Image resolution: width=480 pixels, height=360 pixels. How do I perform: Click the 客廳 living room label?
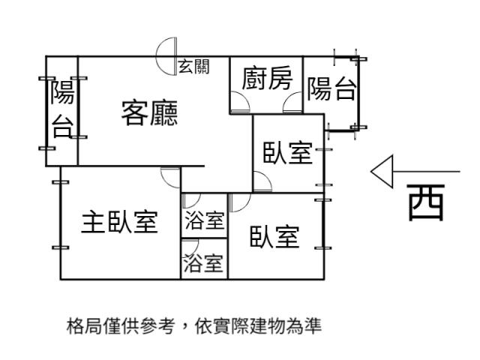click(x=149, y=113)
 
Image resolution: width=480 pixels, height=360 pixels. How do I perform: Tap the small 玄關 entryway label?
click(x=193, y=66)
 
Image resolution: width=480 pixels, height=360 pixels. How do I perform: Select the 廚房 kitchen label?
click(x=266, y=78)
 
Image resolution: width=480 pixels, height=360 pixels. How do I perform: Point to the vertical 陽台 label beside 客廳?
click(x=63, y=109)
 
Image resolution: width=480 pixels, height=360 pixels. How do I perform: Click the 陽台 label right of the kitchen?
click(x=331, y=88)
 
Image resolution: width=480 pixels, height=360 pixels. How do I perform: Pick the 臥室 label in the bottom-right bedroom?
click(x=274, y=236)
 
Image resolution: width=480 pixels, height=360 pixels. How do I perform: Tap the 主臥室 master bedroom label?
click(x=119, y=222)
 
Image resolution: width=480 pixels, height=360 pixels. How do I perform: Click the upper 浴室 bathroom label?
click(x=203, y=220)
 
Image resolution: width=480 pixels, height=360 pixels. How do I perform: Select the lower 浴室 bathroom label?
click(x=203, y=263)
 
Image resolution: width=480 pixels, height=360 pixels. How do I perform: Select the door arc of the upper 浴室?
click(x=190, y=202)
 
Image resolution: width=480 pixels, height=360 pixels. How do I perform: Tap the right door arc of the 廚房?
click(x=293, y=103)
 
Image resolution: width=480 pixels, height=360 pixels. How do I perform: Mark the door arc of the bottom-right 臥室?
click(x=238, y=202)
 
